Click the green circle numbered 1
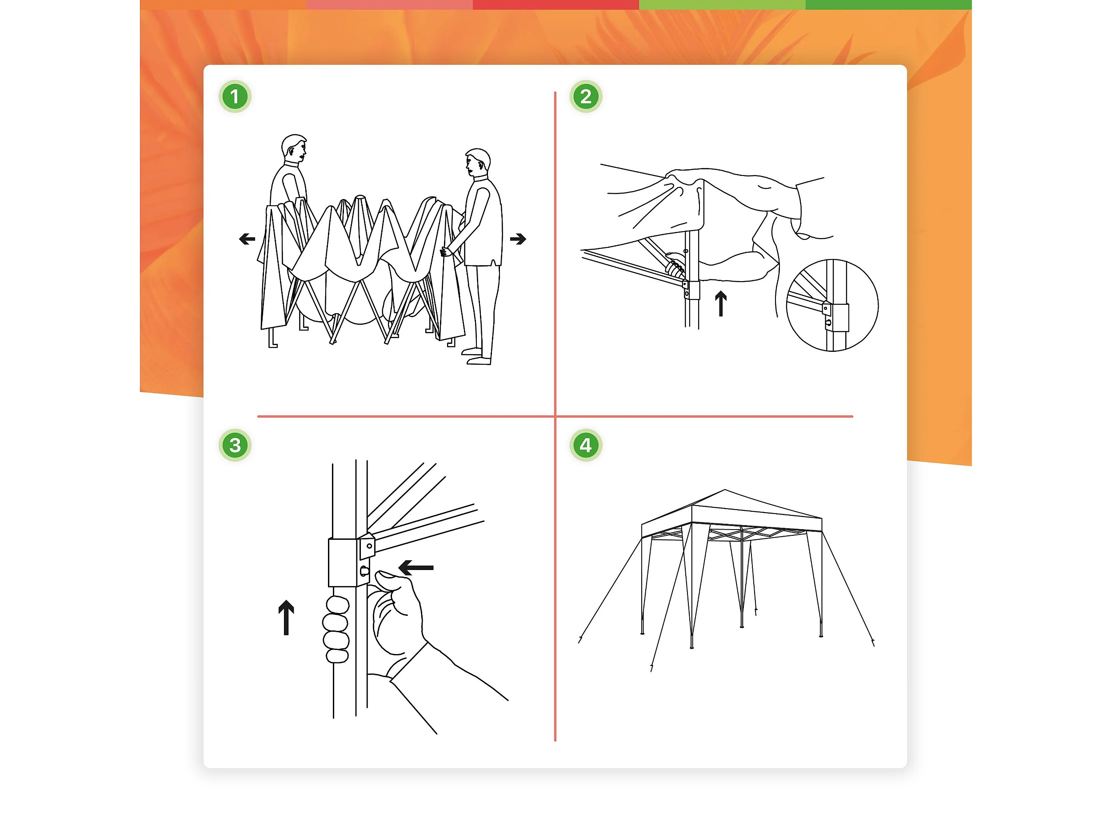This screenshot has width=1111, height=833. click(235, 96)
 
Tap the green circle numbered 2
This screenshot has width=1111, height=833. click(586, 96)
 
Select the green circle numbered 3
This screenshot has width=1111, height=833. click(235, 445)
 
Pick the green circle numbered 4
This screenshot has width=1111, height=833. click(586, 445)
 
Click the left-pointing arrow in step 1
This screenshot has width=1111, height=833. click(247, 239)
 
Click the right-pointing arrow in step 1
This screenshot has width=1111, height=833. click(518, 239)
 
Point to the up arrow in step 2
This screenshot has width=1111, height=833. click(721, 304)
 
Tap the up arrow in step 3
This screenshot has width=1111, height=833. click(286, 618)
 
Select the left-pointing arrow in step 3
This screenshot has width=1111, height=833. click(416, 568)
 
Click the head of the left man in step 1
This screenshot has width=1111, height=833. click(294, 147)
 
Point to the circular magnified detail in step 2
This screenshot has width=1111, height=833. click(832, 305)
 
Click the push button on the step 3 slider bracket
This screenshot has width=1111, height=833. click(365, 571)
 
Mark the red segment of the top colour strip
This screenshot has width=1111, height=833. click(555, 4)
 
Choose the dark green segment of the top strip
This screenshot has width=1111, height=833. click(888, 4)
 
